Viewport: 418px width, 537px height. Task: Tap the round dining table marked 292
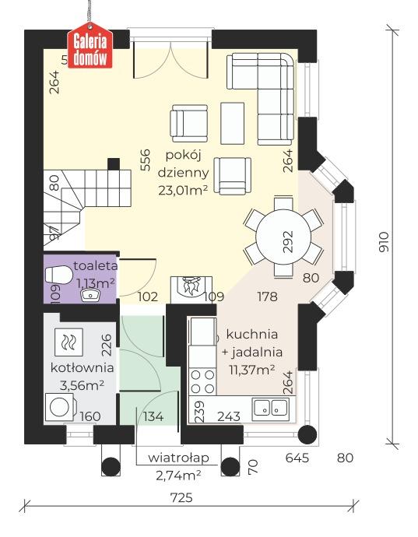[284, 237]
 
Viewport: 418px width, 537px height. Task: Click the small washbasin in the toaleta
[91, 294]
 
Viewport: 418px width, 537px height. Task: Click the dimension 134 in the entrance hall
[154, 417]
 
